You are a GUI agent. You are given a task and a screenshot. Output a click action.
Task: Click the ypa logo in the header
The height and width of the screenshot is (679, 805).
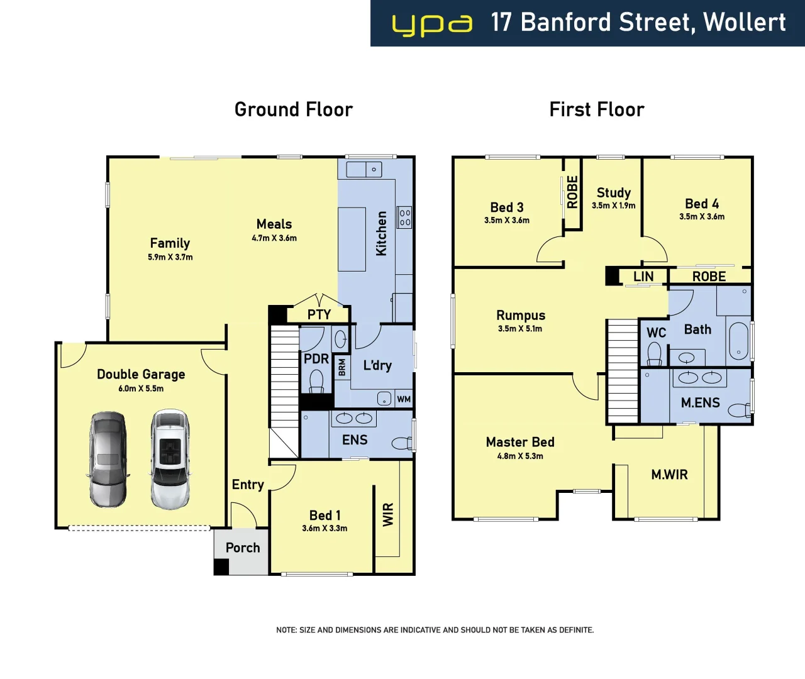pyautogui.click(x=431, y=25)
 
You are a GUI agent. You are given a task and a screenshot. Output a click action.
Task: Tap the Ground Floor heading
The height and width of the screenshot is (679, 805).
pyautogui.click(x=293, y=109)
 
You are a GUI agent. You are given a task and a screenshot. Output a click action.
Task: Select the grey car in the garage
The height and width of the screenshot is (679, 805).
pyautogui.click(x=108, y=459)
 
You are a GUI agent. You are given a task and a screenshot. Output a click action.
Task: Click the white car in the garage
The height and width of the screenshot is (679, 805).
pyautogui.click(x=170, y=459)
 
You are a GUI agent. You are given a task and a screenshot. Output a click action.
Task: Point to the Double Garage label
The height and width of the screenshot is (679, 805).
pyautogui.click(x=141, y=374)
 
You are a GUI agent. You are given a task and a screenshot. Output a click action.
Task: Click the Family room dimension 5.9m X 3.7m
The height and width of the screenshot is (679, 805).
pyautogui.click(x=170, y=257)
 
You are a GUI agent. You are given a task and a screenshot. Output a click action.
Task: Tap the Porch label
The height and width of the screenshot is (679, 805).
pyautogui.click(x=243, y=548)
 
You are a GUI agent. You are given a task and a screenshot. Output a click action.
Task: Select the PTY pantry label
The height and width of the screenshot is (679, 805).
pyautogui.click(x=319, y=314)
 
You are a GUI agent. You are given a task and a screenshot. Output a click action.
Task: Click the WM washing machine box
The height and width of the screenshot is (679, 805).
pyautogui.click(x=404, y=399)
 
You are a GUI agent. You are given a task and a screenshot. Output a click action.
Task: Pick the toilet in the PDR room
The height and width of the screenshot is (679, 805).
pyautogui.click(x=316, y=380)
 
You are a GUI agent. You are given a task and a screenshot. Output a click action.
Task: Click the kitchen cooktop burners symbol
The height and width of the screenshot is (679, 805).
pyautogui.click(x=404, y=218)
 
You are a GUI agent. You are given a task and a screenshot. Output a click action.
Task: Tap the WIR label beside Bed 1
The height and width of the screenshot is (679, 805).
pyautogui.click(x=388, y=514)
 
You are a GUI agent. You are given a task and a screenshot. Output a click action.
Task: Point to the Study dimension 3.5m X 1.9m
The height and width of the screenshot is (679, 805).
pyautogui.click(x=613, y=206)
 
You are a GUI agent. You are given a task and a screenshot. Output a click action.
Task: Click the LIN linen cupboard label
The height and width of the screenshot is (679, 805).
pyautogui.click(x=643, y=277)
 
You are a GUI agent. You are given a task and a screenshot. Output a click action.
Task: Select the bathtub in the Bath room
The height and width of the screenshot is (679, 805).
pyautogui.click(x=738, y=341)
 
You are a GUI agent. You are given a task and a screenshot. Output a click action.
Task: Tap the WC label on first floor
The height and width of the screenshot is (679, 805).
pyautogui.click(x=656, y=333)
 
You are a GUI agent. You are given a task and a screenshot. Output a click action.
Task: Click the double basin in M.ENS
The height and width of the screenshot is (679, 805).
pyautogui.click(x=699, y=378)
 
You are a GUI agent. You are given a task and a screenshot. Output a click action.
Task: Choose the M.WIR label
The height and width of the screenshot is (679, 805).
pyautogui.click(x=669, y=475)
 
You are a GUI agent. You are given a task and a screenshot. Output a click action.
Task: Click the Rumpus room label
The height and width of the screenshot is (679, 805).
pyautogui.click(x=521, y=316)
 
